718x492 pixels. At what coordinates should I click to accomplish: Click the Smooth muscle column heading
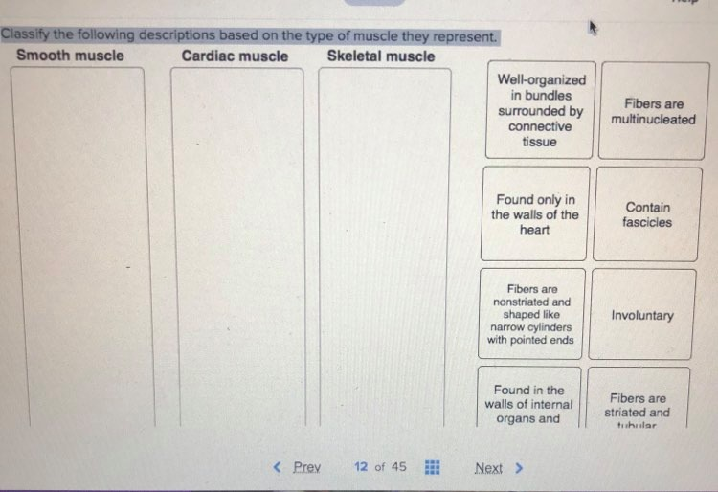[x=70, y=56]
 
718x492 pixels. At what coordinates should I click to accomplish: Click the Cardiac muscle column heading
[x=235, y=56]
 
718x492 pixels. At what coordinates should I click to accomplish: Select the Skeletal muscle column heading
[x=380, y=56]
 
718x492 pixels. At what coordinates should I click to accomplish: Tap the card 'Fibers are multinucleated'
[x=653, y=111]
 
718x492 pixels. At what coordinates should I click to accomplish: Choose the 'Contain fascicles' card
[x=647, y=214]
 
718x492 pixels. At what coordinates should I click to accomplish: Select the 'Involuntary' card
[x=642, y=315]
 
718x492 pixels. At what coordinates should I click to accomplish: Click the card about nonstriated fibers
[x=530, y=314]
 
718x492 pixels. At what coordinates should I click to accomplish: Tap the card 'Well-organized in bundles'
[x=540, y=110]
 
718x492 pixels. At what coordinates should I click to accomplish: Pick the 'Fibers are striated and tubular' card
[x=638, y=406]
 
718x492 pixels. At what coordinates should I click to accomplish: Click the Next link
[x=489, y=468]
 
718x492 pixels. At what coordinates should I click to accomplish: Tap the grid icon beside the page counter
[x=432, y=467]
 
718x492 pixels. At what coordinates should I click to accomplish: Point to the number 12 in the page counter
[x=361, y=467]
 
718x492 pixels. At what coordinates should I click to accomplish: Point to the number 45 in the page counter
[x=398, y=467]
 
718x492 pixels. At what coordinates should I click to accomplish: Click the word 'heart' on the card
[x=534, y=230]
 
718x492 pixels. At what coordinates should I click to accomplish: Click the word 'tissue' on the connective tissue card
[x=539, y=142]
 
